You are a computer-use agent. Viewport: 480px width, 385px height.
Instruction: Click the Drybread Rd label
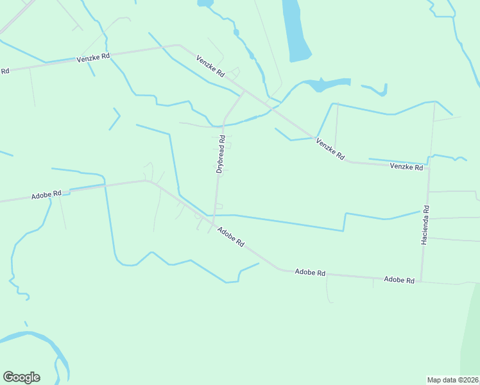pyautogui.click(x=220, y=154)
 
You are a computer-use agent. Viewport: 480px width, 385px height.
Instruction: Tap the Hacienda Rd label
pyautogui.click(x=425, y=225)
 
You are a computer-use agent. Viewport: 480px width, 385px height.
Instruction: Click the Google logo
pyautogui.click(x=21, y=377)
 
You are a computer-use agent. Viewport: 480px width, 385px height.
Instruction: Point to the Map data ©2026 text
pyautogui.click(x=452, y=379)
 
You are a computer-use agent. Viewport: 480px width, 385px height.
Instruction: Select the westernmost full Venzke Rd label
pyautogui.click(x=94, y=57)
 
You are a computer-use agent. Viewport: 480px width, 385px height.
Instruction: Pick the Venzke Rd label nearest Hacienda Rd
pyautogui.click(x=407, y=167)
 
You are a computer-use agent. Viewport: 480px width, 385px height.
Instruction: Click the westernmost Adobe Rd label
pyautogui.click(x=46, y=194)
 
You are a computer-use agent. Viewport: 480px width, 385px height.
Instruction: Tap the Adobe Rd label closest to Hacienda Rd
pyautogui.click(x=400, y=280)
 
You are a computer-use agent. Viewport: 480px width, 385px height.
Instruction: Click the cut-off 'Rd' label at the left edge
pyautogui.click(x=4, y=71)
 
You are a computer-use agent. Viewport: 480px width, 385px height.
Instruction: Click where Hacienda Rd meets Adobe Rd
pyautogui.click(x=421, y=280)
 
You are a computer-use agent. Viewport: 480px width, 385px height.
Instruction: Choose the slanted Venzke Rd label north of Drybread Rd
pyautogui.click(x=210, y=66)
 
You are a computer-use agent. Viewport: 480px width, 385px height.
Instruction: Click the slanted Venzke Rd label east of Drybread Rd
pyautogui.click(x=330, y=149)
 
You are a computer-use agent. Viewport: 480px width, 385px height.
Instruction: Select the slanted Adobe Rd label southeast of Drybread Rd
pyautogui.click(x=231, y=237)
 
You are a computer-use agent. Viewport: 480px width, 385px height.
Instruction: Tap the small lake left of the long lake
pyautogui.click(x=205, y=3)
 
